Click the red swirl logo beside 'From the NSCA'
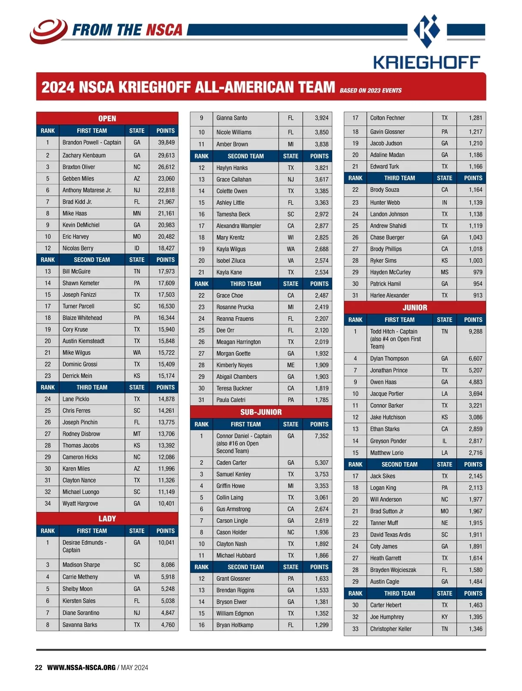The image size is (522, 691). [x=48, y=30]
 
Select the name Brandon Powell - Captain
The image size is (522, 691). [x=92, y=142]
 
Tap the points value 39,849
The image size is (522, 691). [x=166, y=142]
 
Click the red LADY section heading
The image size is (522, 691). [x=107, y=519]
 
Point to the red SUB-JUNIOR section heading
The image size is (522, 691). [x=261, y=412]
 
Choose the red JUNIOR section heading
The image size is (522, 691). [x=415, y=308]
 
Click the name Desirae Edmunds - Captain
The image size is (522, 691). [x=84, y=546]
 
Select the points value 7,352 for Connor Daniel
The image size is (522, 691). [x=321, y=436]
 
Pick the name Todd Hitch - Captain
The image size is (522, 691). [x=394, y=332]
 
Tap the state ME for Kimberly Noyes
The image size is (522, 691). [x=291, y=365]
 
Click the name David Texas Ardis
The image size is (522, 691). [x=390, y=535]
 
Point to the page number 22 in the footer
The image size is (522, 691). [x=39, y=668]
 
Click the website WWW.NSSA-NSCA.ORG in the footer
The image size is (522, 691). [x=81, y=668]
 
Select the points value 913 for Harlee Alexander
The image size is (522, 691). [x=478, y=295]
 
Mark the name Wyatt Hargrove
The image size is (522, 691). [x=80, y=503]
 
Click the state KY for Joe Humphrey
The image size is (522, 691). [x=444, y=617]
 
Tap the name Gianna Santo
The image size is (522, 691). [x=232, y=118]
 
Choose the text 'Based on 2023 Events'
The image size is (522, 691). [x=371, y=91]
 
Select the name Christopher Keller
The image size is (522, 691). [x=391, y=629]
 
